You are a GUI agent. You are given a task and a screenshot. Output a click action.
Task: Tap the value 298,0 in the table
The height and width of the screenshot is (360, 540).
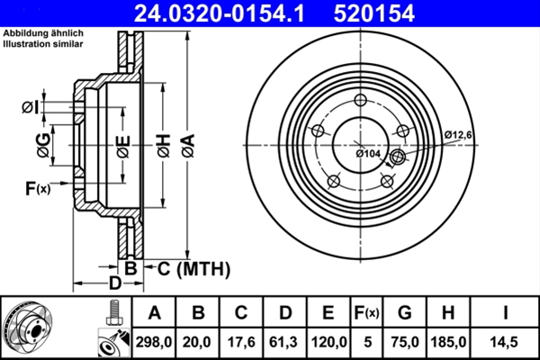point(154,341)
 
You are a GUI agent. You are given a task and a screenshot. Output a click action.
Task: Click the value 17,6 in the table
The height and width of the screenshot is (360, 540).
point(242,341)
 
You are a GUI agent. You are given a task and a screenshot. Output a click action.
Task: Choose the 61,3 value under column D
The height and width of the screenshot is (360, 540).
point(285,341)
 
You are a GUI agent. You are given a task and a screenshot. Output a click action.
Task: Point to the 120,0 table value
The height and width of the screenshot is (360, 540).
point(328,341)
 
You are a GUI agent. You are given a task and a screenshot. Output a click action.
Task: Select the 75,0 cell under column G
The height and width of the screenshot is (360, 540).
point(405,341)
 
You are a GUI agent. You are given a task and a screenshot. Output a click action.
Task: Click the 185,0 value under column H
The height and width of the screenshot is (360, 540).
point(447,341)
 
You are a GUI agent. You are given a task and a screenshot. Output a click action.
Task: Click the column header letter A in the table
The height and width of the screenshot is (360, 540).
point(154,313)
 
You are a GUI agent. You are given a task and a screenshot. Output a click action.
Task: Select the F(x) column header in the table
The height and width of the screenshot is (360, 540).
point(366,313)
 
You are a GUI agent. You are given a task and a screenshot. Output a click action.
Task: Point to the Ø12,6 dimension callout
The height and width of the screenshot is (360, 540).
point(458,135)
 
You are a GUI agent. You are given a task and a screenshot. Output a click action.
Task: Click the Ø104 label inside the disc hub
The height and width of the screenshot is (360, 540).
point(370,153)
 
